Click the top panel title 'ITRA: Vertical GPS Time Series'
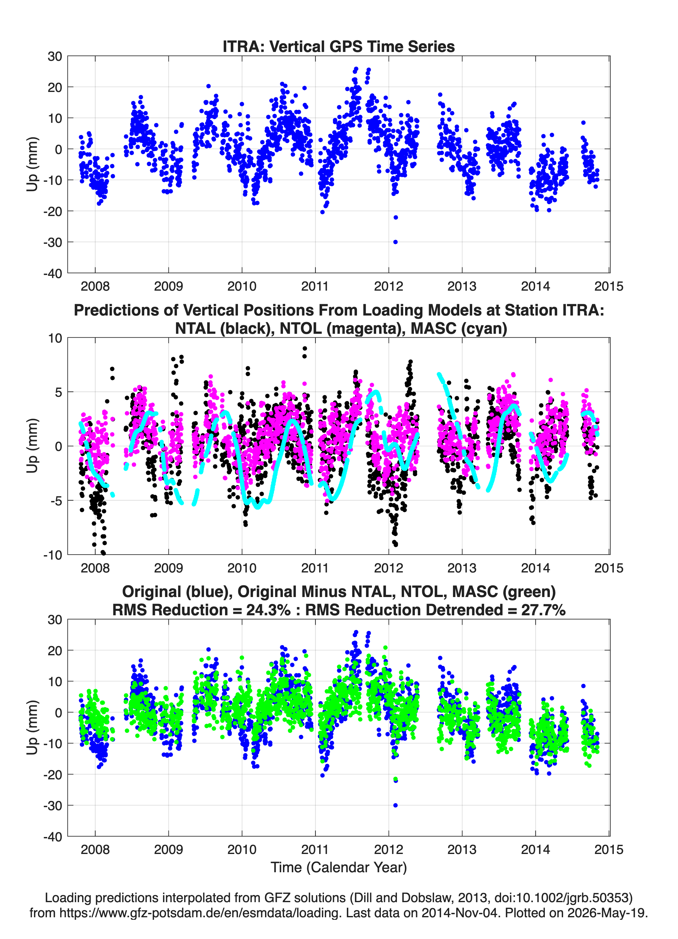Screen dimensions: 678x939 click(x=339, y=46)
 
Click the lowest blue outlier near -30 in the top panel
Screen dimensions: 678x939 click(x=395, y=242)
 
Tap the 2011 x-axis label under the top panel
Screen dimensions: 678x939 click(x=315, y=286)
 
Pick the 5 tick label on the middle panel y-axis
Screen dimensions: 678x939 click(x=58, y=392)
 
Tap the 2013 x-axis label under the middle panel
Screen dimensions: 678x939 click(x=462, y=568)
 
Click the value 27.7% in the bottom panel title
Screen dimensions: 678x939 click(x=544, y=610)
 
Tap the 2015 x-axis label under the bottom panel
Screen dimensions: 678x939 click(x=608, y=850)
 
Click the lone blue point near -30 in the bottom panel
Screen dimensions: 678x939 click(x=395, y=805)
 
